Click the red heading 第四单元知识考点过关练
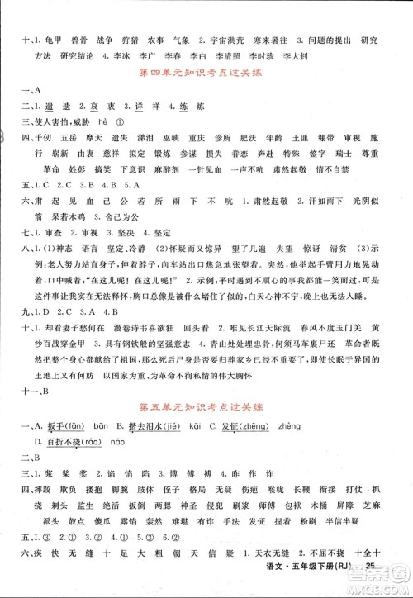click(206, 73)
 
